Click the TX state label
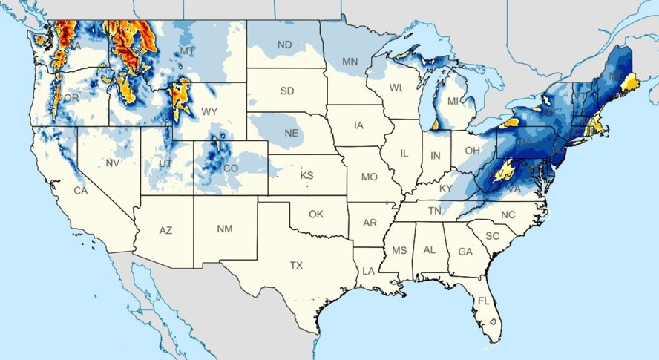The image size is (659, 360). point(296,265)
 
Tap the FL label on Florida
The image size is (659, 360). point(483,301)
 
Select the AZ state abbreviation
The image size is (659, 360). point(165,231)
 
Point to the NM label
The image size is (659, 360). point(224,229)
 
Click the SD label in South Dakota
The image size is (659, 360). point(286,91)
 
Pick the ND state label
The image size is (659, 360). point(284,45)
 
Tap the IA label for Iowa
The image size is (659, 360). point(358,125)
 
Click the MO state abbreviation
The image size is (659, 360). point(369,177)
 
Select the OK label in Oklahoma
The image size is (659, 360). point(316,214)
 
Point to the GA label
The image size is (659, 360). point(465,252)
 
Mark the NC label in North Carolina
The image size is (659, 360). point(508,215)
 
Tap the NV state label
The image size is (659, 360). point(113,163)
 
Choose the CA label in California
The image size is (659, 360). point(80,191)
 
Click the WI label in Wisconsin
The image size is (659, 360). point(396,88)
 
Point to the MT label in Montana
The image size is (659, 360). point(187,51)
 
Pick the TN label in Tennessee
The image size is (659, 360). point(436,211)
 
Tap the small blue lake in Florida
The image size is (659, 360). point(491,323)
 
